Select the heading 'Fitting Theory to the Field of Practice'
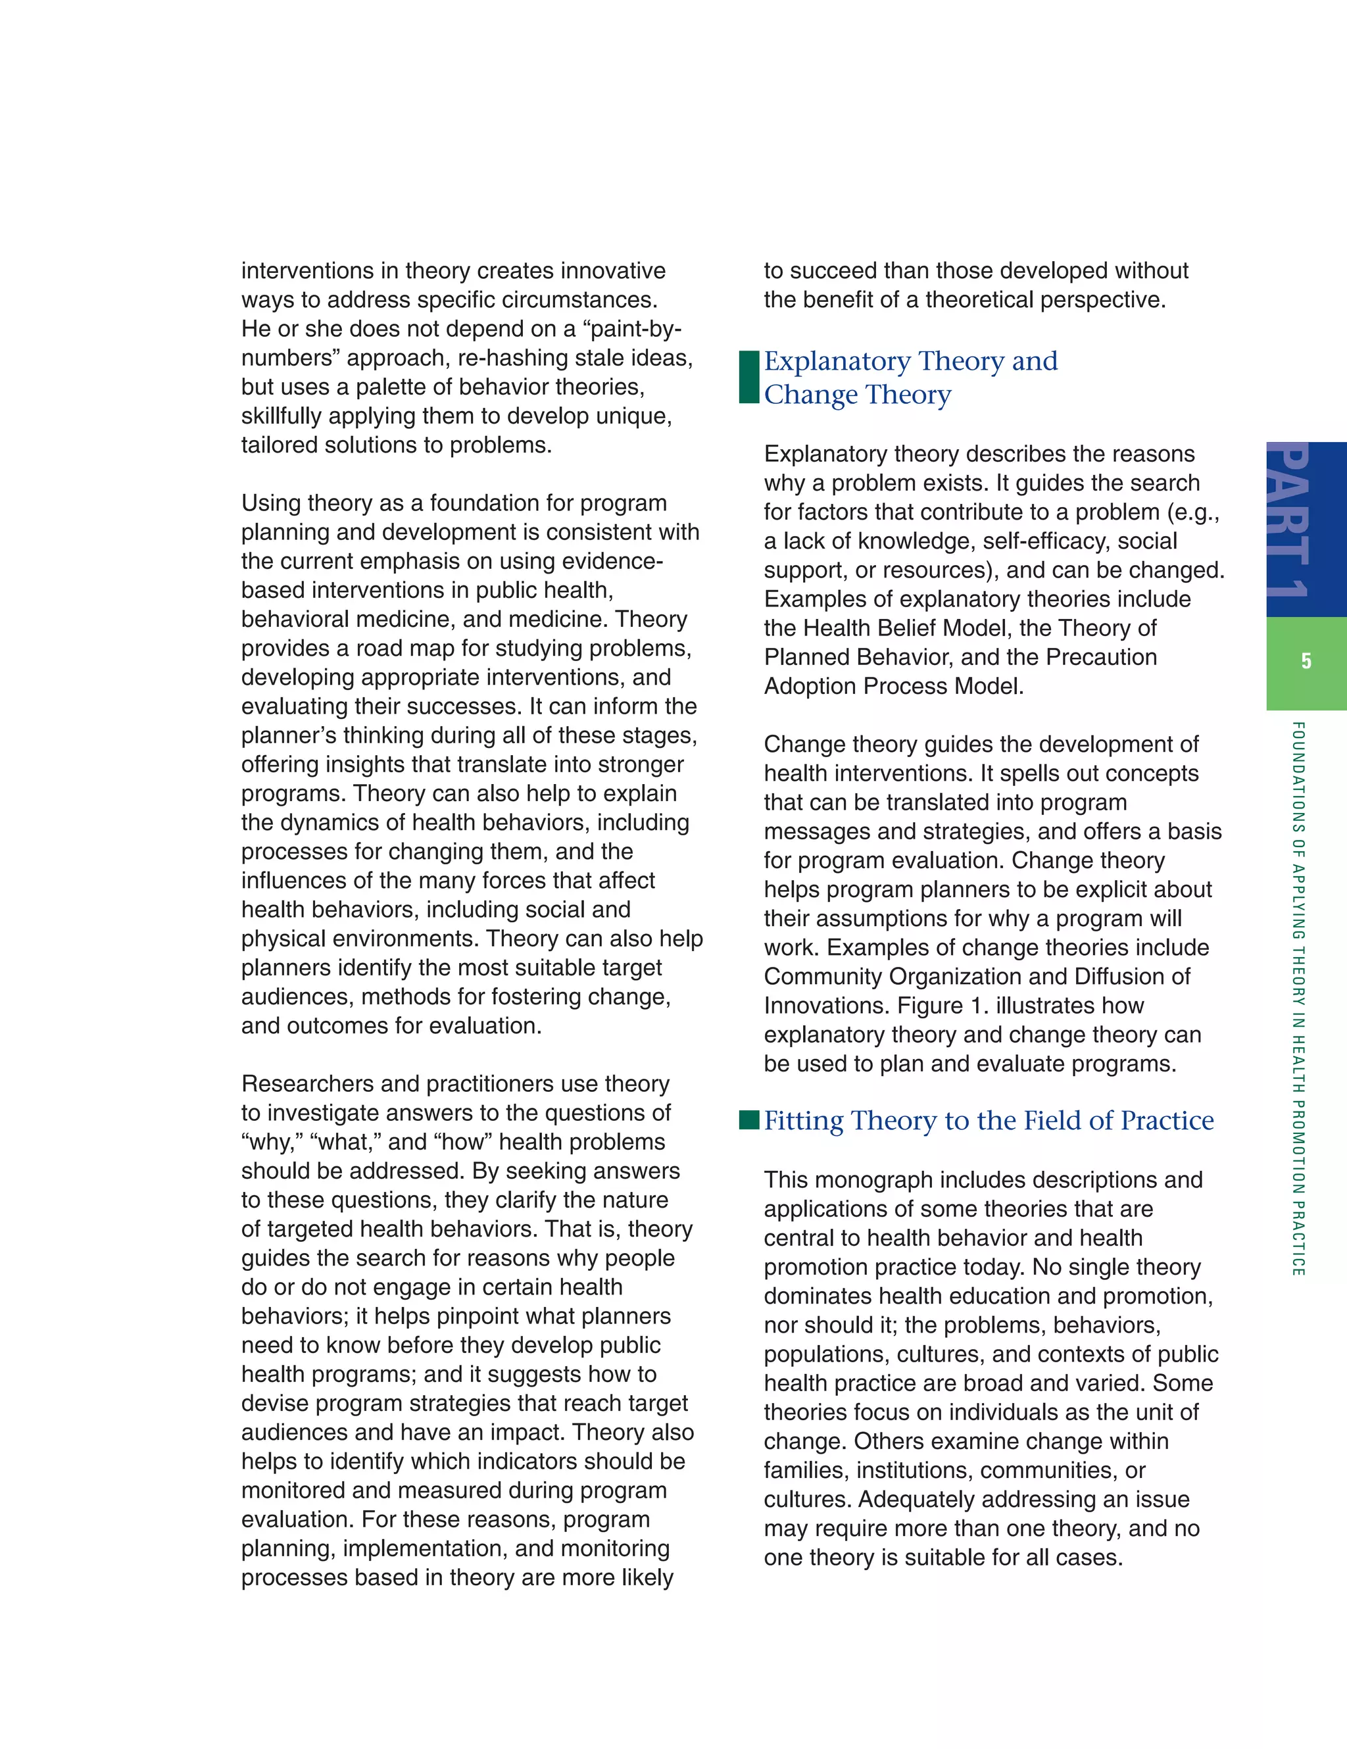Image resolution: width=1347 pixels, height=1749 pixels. coord(989,1120)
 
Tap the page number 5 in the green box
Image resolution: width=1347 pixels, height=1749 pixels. coord(1306,662)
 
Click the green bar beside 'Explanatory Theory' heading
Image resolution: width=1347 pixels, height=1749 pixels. coord(748,377)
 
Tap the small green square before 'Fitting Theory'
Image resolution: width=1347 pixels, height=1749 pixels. coord(748,1120)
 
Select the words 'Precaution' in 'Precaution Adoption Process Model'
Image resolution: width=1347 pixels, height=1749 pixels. coord(1101,658)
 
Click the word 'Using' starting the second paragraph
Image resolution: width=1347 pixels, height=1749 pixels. coord(270,504)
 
